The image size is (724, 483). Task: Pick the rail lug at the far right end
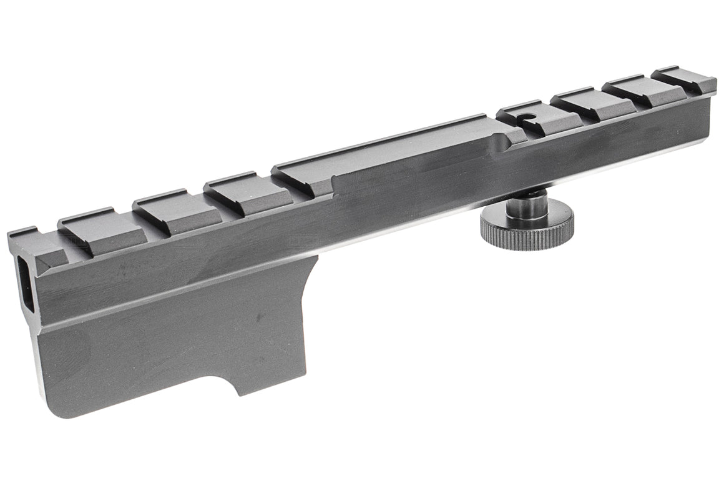point(683,79)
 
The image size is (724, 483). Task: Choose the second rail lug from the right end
point(633,91)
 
